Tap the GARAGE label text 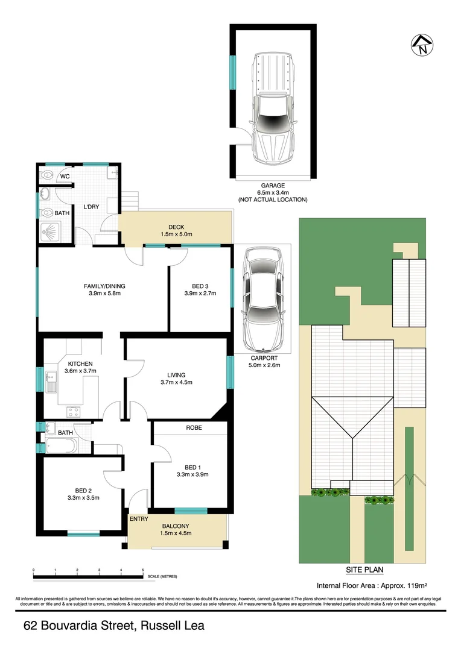[273, 186]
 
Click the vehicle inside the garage [273, 109]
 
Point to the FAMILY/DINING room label [104, 286]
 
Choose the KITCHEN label [80, 363]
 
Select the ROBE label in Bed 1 [194, 427]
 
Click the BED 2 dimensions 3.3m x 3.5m [83, 498]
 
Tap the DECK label [176, 227]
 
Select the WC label [65, 176]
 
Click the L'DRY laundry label [91, 207]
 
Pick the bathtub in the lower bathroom [60, 447]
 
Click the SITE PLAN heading [364, 569]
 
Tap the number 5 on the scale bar [142, 570]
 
